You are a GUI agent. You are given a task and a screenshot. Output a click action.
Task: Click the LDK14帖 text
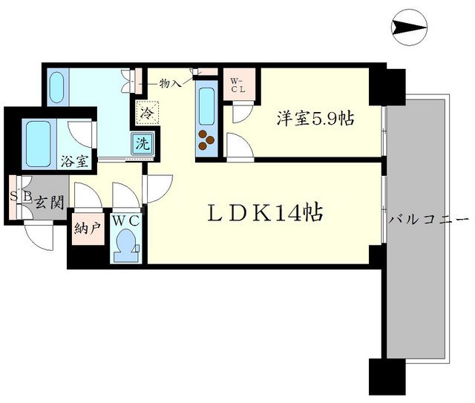pos(264,214)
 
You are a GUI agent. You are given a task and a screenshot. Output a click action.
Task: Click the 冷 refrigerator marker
pos(145,115)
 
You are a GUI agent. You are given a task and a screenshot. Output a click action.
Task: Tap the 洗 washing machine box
pos(141,143)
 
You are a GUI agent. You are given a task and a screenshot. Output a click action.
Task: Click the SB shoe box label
pos(19,197)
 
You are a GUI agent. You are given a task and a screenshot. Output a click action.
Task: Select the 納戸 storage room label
pos(86,229)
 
